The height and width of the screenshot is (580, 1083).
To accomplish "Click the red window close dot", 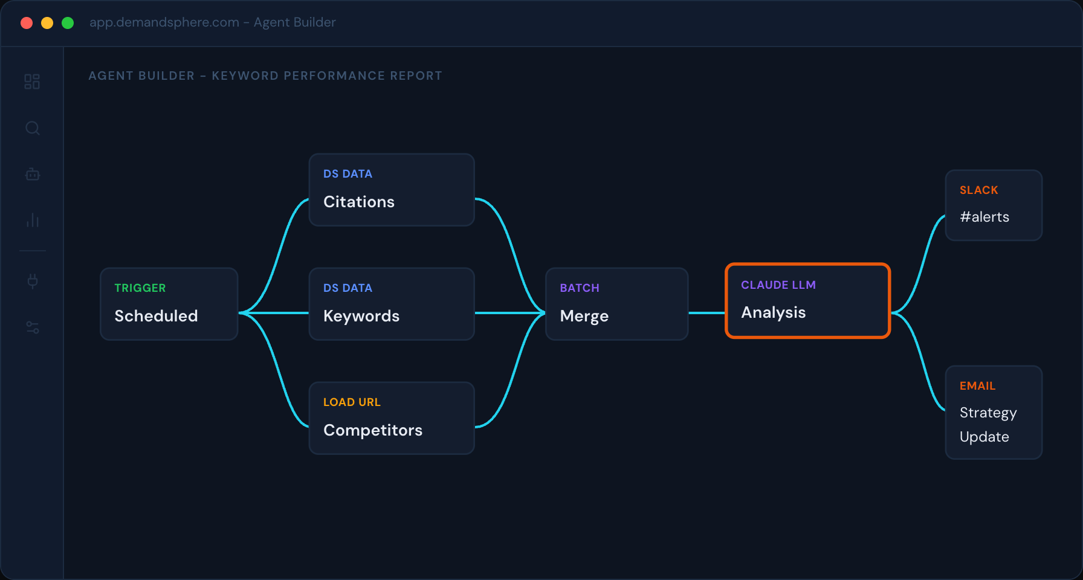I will pos(27,23).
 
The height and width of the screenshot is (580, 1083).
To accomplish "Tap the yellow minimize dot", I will pos(47,23).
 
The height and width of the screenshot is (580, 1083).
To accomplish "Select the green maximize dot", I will pos(68,23).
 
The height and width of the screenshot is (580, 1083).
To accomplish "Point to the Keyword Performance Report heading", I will pos(265,76).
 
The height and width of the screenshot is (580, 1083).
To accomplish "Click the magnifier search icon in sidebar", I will pos(33,128).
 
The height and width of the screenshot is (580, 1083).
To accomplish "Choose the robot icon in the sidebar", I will pos(33,175).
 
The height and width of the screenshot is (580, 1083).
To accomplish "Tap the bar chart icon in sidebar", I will pos(33,221).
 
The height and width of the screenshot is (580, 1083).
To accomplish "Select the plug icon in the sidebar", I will pos(33,281).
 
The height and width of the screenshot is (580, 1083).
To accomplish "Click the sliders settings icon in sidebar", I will pos(33,327).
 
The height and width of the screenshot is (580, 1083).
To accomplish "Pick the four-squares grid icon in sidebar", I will pos(32,82).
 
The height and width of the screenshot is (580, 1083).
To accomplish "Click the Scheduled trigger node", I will pos(169,304).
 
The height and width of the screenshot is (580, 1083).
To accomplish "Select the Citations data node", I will pos(392,190).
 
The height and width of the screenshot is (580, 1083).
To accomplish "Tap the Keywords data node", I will pos(392,304).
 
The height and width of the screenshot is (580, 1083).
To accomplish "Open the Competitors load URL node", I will pos(392,418).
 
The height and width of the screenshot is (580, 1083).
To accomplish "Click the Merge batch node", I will pos(616,304).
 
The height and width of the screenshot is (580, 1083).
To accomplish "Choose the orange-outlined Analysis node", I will pos(807,301).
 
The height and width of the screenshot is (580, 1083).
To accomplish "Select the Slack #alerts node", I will pos(994,205).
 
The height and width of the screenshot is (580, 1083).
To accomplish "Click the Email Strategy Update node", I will pos(994,413).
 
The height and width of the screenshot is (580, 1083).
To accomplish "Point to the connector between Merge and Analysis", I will pos(706,313).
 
